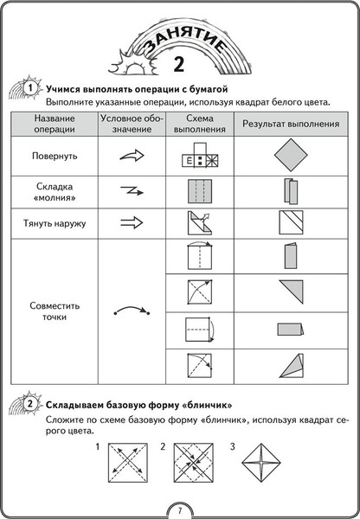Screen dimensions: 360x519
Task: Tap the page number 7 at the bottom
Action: [x=179, y=509]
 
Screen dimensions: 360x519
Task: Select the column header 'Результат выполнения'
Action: [x=289, y=125]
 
